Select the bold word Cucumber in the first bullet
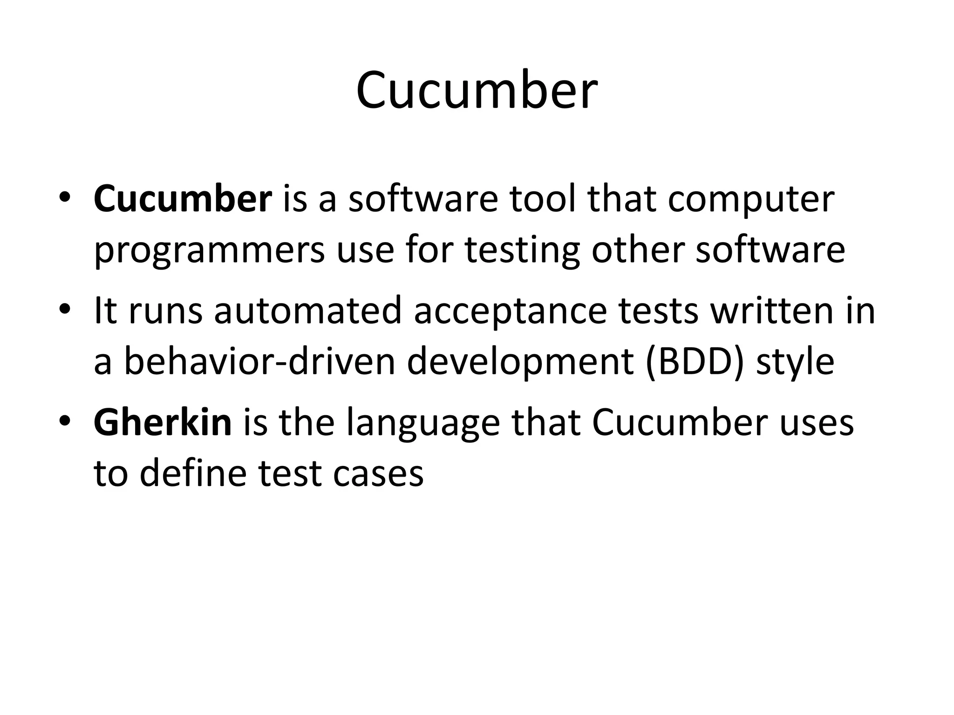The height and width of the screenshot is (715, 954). (x=183, y=199)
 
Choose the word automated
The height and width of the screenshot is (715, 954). (x=307, y=311)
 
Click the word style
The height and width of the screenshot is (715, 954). (x=795, y=363)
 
